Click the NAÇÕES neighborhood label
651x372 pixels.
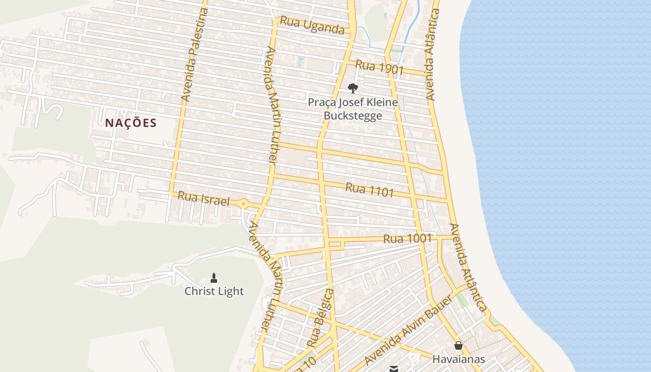coord(131,123)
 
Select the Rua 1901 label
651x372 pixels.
coord(379,68)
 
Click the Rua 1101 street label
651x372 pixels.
coord(370,190)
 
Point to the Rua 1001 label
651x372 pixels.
coord(408,239)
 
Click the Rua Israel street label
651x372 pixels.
coord(204,199)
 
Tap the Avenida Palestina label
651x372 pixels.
coord(194,55)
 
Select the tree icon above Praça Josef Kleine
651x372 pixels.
coord(353,88)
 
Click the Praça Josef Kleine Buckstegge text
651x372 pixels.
coord(353,109)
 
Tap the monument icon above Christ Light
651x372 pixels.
coord(214,278)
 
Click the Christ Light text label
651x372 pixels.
coord(214,292)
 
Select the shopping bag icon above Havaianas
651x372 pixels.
coord(458,345)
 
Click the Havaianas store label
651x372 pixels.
coord(458,359)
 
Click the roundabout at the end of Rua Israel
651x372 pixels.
coord(243,203)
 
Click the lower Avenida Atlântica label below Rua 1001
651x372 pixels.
coord(468,267)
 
